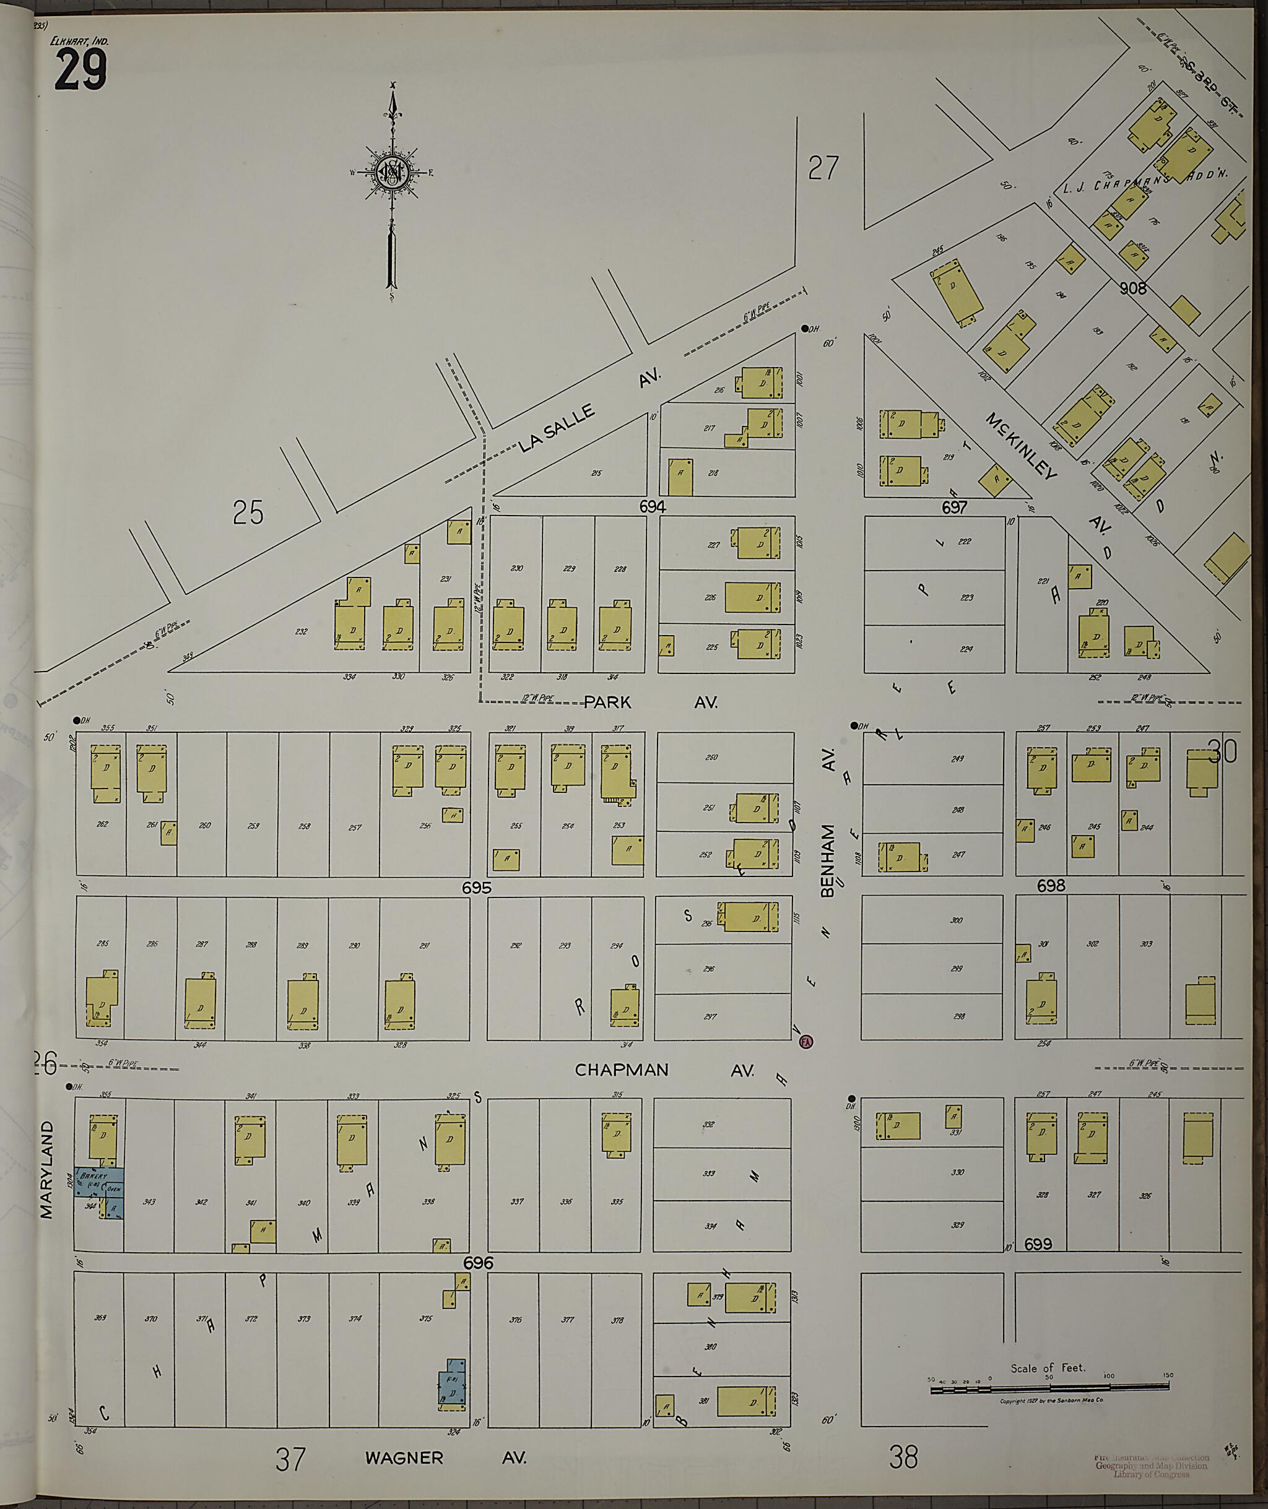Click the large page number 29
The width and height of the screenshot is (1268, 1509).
(x=80, y=71)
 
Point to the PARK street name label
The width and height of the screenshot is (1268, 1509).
(x=607, y=702)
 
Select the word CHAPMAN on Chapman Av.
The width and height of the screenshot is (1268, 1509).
(x=621, y=1070)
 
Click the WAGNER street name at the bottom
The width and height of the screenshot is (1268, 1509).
(x=404, y=1458)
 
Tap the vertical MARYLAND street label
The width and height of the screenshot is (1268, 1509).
(x=46, y=1170)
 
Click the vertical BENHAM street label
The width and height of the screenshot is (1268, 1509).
(x=827, y=860)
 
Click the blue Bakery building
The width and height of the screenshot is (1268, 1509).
(x=99, y=1182)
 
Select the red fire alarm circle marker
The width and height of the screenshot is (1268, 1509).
(x=806, y=1041)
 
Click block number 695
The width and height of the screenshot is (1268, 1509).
(x=477, y=888)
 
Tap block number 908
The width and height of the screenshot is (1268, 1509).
(x=1133, y=288)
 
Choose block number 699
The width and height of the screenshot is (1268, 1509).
(x=1038, y=1244)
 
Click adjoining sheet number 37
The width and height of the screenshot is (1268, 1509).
(x=290, y=1459)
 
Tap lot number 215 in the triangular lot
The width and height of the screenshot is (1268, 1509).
(x=596, y=473)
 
